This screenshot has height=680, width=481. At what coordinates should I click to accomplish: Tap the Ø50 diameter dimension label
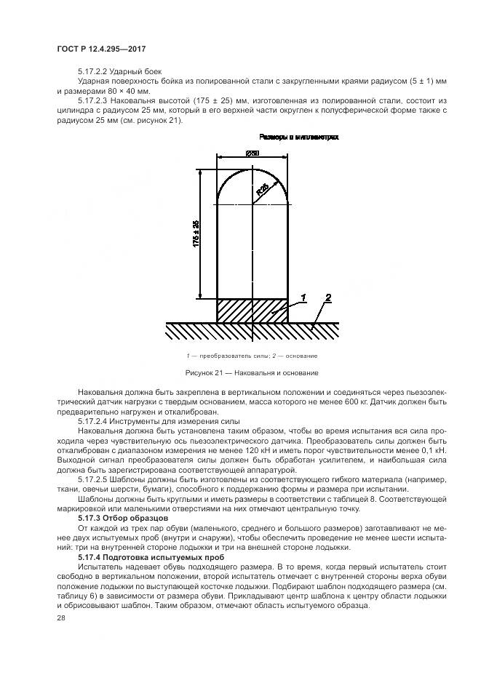point(253,153)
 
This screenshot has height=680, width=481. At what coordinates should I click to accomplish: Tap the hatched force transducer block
point(252,310)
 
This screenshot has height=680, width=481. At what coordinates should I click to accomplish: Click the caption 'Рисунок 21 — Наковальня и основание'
point(251,373)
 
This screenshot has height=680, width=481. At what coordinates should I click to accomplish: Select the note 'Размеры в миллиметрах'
point(299,136)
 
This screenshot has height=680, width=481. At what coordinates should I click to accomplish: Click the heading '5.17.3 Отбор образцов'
point(124,518)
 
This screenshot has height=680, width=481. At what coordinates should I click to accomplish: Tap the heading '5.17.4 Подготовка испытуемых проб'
point(156,556)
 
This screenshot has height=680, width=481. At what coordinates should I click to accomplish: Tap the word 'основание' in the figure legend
point(303,356)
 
